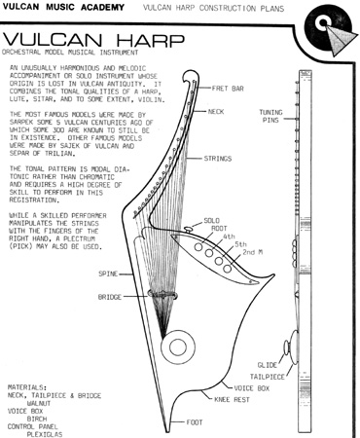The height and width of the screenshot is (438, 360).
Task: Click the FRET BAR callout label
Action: [228, 89]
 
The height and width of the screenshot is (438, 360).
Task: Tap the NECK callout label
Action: [216, 112]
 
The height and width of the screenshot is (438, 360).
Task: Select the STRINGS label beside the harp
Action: [218, 159]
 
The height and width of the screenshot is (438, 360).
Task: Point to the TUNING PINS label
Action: [270, 116]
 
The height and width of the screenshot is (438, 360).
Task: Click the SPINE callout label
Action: [108, 274]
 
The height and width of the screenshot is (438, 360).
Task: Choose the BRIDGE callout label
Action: [110, 297]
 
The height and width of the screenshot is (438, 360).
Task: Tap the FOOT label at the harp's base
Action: [195, 422]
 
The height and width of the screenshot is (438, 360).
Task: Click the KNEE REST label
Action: [232, 399]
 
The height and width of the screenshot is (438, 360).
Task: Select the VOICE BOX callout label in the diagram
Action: [252, 388]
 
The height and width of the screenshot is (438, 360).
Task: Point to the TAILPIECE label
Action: [267, 377]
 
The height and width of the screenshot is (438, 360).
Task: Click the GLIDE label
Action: [268, 365]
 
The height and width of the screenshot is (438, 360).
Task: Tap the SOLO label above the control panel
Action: [211, 221]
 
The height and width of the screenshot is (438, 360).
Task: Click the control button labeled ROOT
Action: [198, 247]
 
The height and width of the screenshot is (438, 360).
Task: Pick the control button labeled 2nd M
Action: [228, 269]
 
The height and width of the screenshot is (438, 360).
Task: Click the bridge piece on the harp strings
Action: [162, 295]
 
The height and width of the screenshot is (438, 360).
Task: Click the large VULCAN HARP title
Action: [93, 40]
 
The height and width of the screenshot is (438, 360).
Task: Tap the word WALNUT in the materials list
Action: [39, 403]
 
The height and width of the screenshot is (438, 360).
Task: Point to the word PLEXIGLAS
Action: [45, 434]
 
